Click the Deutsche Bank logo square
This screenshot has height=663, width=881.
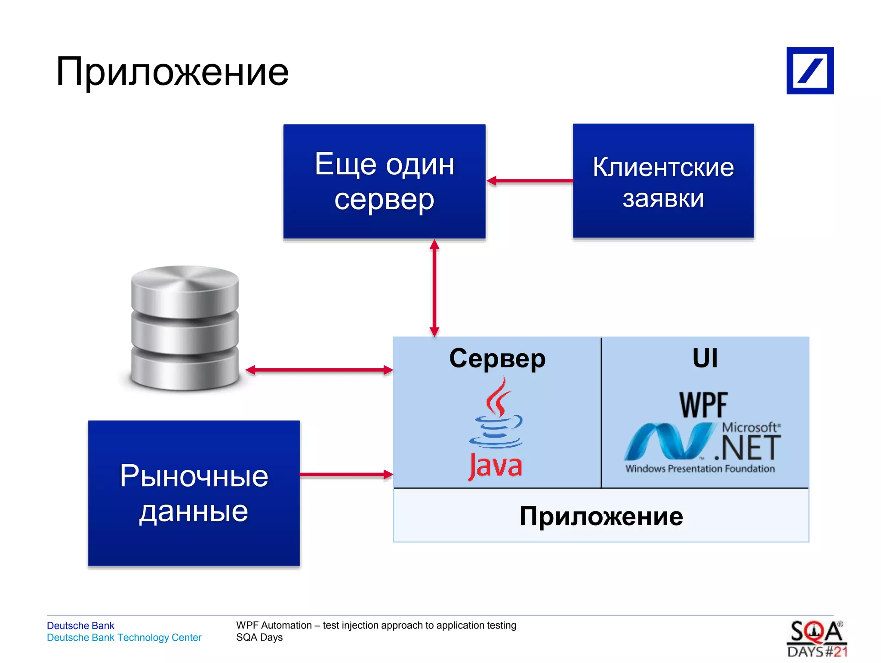tap(810, 71)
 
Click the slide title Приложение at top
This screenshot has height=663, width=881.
tap(172, 71)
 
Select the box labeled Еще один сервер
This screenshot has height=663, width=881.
tap(384, 181)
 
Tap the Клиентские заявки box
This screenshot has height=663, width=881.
tap(663, 181)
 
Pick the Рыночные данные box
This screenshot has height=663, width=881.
tap(194, 493)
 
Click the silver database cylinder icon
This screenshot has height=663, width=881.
tap(185, 328)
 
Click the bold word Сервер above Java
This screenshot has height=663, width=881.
tap(497, 358)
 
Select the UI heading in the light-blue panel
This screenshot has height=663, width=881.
tap(705, 358)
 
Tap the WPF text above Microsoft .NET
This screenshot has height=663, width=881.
tap(703, 405)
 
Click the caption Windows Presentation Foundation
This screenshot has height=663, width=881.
tap(700, 469)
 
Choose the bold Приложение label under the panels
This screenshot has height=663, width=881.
tap(601, 516)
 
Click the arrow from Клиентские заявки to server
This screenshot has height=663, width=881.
tap(530, 181)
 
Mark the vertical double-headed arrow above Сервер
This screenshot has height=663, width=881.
tap(434, 288)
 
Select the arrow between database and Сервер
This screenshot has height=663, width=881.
tap(319, 370)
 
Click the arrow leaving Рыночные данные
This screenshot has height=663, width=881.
tap(346, 475)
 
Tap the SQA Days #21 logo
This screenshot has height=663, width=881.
tap(817, 639)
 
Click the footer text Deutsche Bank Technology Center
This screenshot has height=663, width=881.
tap(124, 638)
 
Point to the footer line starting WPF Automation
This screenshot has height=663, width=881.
tap(376, 625)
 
